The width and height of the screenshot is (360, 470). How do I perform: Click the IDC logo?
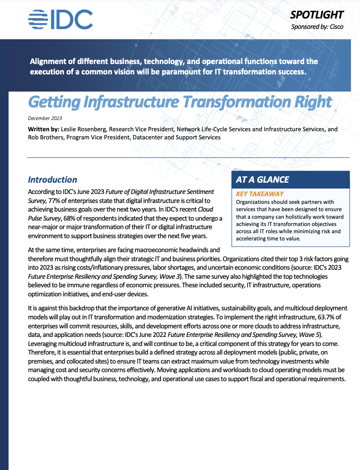[60, 19]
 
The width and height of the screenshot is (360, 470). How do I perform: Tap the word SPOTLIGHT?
[317, 15]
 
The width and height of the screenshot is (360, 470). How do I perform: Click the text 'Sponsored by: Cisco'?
[317, 27]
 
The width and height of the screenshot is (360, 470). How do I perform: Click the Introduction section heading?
[52, 180]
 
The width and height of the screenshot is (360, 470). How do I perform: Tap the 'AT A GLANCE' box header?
[263, 180]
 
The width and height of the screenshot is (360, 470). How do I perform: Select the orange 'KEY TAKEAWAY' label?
[260, 194]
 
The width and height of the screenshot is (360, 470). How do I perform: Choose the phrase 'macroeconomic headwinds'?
[181, 249]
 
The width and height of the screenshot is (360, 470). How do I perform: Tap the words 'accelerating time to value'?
[268, 238]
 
